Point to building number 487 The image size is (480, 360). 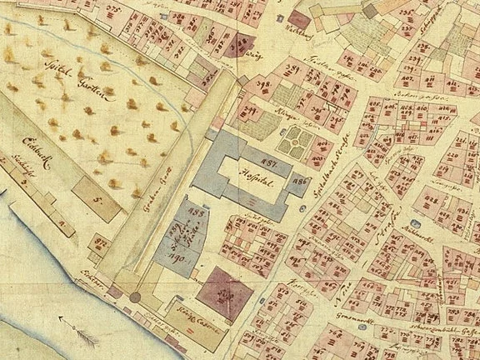(268, 160)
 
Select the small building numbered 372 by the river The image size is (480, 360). (102, 242)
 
